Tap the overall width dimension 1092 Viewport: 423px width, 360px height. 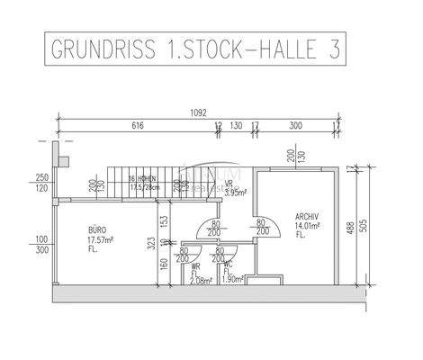pos(200,113)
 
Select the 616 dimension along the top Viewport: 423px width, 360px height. pos(138,126)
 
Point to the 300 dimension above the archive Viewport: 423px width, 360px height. pos(295,126)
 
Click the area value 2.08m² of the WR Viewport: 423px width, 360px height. pos(201,281)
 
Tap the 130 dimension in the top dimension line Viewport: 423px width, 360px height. pos(237,126)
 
